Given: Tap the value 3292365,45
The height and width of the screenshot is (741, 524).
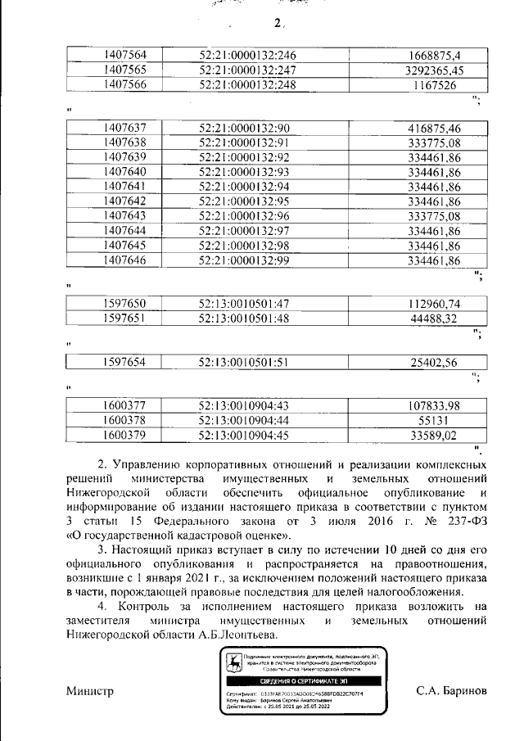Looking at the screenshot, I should pyautogui.click(x=434, y=70).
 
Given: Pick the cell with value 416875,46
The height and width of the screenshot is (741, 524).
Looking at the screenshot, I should pyautogui.click(x=434, y=128).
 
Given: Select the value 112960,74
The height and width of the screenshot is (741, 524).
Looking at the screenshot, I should pyautogui.click(x=434, y=304).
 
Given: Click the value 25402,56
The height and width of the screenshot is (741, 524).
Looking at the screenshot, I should pyautogui.click(x=434, y=361).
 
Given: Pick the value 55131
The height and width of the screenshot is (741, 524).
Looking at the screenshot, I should pyautogui.click(x=434, y=419).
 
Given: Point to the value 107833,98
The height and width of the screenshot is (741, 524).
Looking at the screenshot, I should pyautogui.click(x=434, y=404).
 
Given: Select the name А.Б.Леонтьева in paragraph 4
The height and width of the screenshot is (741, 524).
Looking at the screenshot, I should pyautogui.click(x=237, y=634).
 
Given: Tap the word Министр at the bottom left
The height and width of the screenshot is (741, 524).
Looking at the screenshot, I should pyautogui.click(x=89, y=690).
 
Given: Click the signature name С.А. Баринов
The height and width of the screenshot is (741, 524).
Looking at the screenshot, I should pyautogui.click(x=451, y=690).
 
